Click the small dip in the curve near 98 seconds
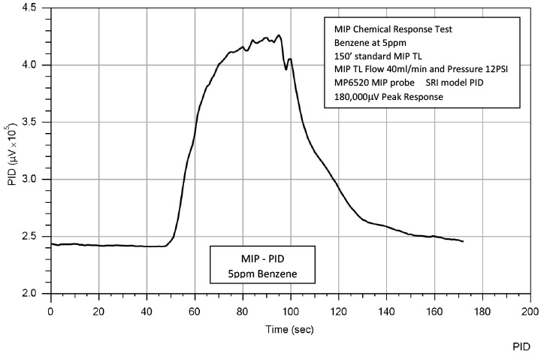pyautogui.click(x=286, y=69)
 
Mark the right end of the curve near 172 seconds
pyautogui.click(x=462, y=241)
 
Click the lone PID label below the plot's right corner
pyautogui.click(x=522, y=347)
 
